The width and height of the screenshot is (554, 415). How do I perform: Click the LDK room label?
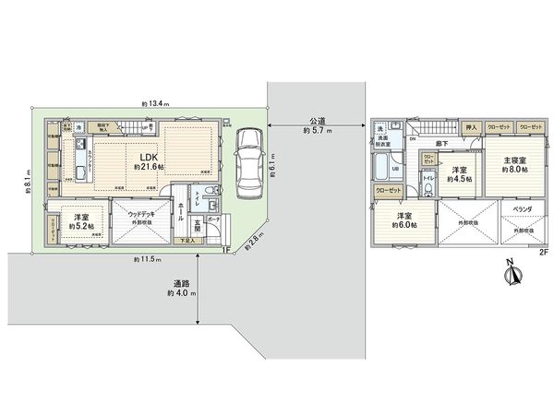(148, 157)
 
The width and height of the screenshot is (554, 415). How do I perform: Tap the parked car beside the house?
(248, 162)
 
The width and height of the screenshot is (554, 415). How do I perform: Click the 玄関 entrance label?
(198, 226)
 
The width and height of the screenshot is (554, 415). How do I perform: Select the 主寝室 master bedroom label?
(513, 160)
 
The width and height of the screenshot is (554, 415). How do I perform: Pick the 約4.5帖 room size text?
(459, 179)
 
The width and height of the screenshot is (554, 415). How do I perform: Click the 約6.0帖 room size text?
(404, 224)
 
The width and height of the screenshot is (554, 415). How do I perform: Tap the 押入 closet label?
(470, 126)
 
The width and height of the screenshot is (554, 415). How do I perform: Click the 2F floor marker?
(543, 251)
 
